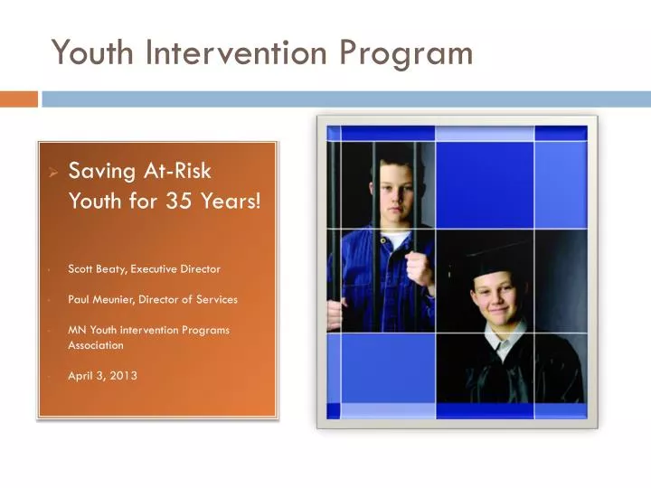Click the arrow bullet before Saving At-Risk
click(x=53, y=171)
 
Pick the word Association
click(x=96, y=345)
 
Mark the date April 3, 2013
click(x=102, y=376)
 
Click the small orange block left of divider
click(x=19, y=99)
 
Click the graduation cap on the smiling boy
click(x=493, y=258)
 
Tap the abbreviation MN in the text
click(x=77, y=330)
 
